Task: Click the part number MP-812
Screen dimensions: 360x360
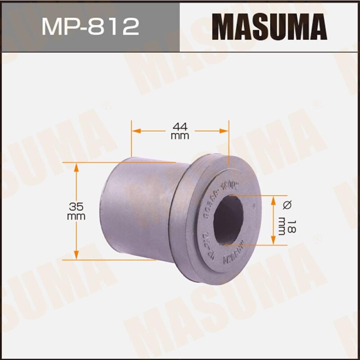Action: pos(90,27)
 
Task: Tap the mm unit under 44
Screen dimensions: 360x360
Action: pos(180,136)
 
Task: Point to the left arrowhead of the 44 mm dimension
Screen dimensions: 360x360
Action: pos(134,130)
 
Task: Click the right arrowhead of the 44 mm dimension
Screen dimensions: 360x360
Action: pos(225,130)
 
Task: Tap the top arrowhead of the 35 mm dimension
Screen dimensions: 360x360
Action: pos(76,166)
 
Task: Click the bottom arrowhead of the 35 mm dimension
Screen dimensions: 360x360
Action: pos(76,256)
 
